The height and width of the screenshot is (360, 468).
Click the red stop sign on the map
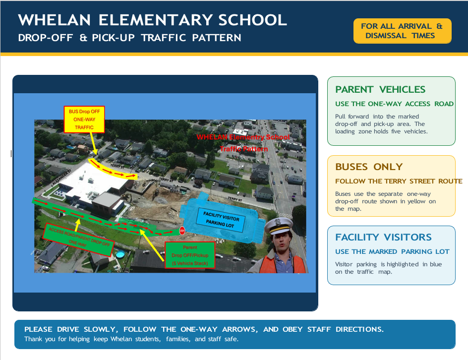[182, 231]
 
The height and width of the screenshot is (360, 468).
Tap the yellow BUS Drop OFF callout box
[84, 120]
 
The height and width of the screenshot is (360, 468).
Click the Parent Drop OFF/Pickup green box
[190, 255]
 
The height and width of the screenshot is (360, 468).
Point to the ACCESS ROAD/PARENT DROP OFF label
[78, 240]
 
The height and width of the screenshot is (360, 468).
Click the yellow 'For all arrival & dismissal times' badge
[402, 31]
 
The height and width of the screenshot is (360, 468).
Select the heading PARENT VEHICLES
[380, 89]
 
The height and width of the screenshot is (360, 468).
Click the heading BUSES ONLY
[369, 167]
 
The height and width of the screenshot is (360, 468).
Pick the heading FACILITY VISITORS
[383, 237]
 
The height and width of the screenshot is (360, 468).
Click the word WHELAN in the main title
[55, 20]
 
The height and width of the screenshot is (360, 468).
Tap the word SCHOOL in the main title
[252, 20]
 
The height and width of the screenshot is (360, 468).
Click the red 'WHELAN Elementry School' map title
[243, 137]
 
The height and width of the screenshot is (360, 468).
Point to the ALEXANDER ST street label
[62, 177]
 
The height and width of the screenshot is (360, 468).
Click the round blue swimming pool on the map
[120, 254]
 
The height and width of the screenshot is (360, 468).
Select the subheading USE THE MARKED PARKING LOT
[392, 251]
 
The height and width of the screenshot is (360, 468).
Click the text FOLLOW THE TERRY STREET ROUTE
[399, 181]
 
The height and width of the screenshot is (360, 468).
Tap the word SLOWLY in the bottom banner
[101, 329]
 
